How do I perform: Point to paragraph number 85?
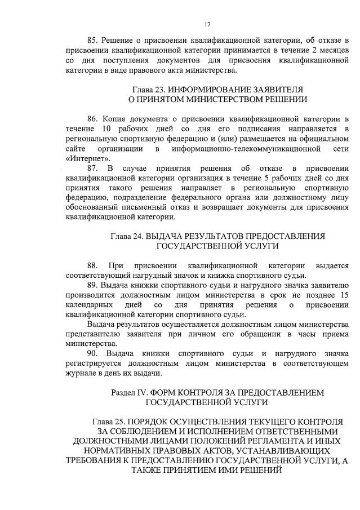click(x=93, y=41)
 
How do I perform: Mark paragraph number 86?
click(x=93, y=119)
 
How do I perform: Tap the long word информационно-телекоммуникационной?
click(x=237, y=149)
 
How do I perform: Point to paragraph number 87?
click(x=93, y=168)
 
